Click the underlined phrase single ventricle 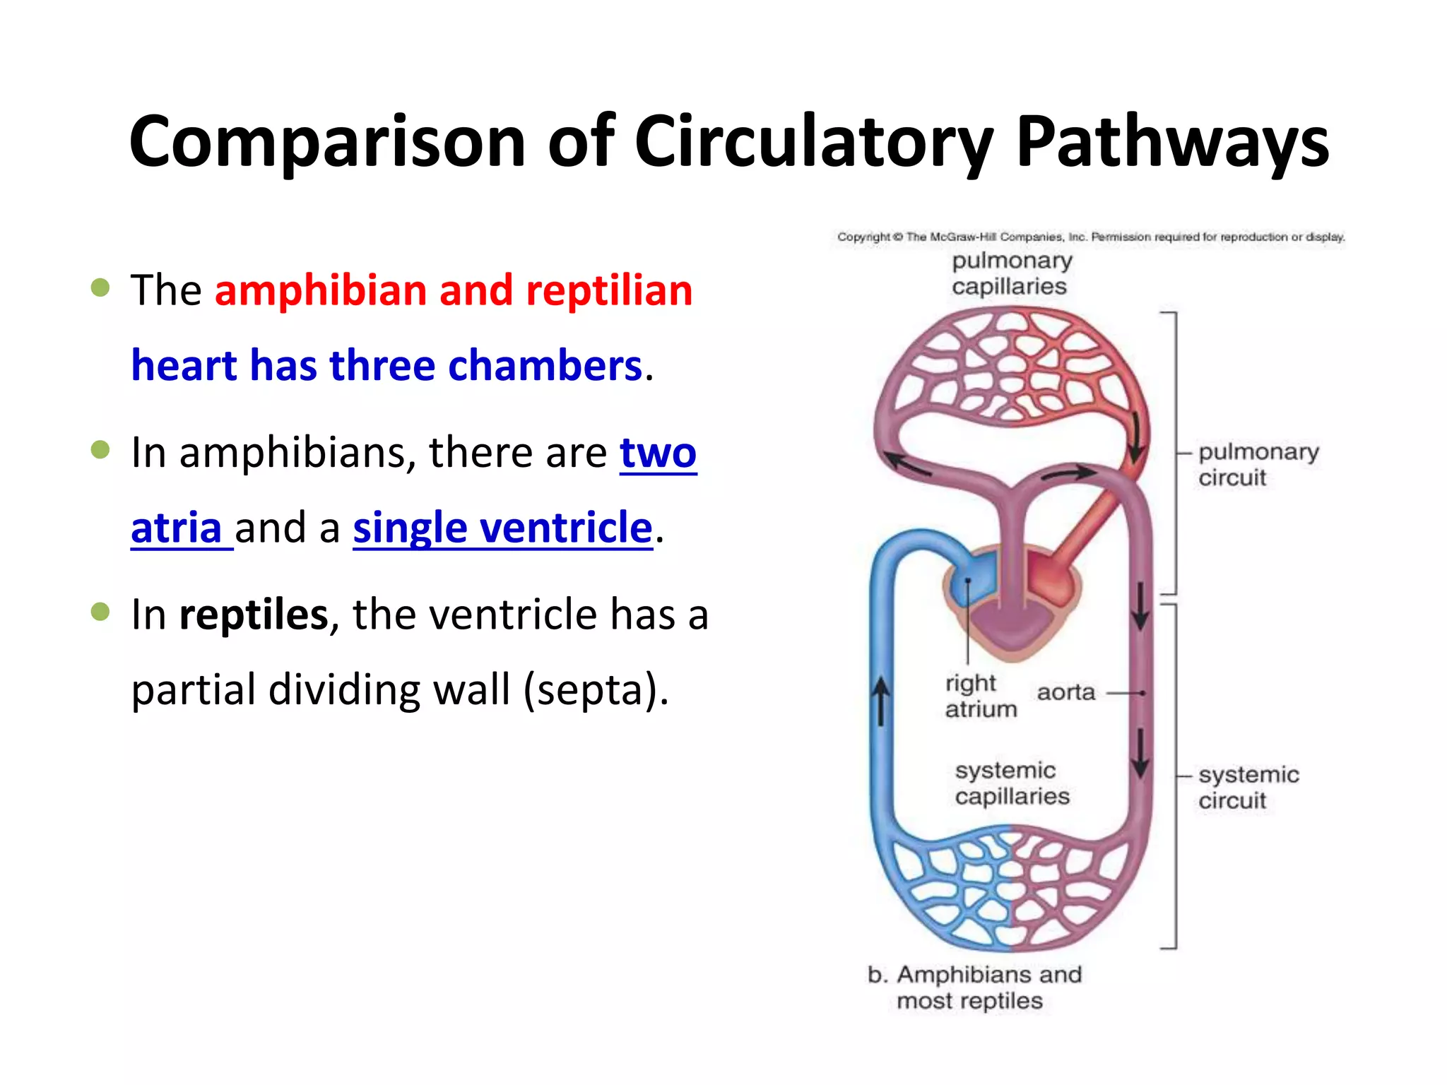point(502,528)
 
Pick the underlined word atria point(177,528)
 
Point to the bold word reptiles point(254,615)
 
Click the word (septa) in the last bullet point(595,690)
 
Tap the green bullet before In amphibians point(101,450)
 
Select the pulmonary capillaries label point(1010,273)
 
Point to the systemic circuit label point(1247,787)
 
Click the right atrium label point(979,696)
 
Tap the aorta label point(1065,692)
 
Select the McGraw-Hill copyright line point(1090,237)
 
